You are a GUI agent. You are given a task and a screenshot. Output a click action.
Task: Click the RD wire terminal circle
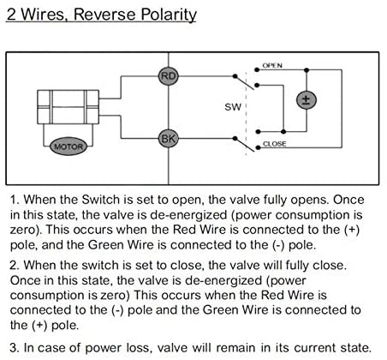(169, 76)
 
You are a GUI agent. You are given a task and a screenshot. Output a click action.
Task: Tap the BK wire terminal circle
(169, 139)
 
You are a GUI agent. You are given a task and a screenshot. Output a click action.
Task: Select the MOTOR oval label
(68, 147)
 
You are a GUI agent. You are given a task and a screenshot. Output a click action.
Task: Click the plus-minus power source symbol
(307, 100)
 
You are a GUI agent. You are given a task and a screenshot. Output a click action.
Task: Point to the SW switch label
(233, 107)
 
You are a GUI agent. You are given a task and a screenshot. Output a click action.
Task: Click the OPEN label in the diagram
(272, 65)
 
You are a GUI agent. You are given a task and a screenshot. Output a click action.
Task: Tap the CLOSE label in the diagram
(274, 143)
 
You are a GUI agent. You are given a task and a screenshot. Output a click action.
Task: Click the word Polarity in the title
(169, 15)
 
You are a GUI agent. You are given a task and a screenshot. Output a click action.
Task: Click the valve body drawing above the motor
(68, 107)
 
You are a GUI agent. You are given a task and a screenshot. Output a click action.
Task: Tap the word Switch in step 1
(100, 200)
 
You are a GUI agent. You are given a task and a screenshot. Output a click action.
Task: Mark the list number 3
(15, 348)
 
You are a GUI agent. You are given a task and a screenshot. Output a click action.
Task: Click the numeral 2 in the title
(11, 14)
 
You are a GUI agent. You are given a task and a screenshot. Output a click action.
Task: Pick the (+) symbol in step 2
(39, 326)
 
